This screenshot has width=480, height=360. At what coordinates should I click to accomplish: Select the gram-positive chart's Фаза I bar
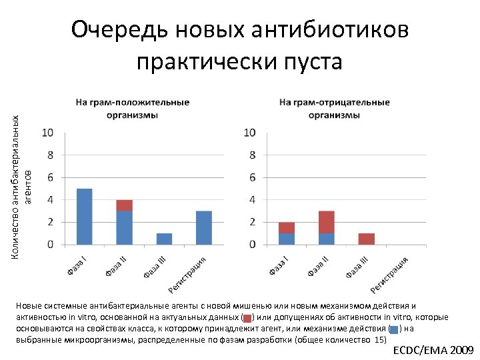tap(85, 216)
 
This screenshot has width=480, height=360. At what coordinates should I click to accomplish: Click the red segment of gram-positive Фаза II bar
tap(124, 205)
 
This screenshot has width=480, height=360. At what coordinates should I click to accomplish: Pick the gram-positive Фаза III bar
tap(164, 239)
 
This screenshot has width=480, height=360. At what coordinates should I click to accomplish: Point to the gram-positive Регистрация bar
tap(204, 227)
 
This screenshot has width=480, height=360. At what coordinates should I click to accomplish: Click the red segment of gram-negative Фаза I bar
tap(287, 227)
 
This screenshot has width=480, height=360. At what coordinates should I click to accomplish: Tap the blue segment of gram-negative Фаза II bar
tap(326, 239)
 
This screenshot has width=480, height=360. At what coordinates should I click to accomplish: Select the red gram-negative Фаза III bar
tap(365, 239)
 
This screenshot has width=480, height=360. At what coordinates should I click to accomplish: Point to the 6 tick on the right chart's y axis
tap(250, 177)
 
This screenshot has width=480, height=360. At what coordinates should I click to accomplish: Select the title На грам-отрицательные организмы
tap(334, 109)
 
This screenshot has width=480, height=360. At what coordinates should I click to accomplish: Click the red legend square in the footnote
tap(247, 317)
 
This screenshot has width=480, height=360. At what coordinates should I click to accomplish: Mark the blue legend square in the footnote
tap(393, 329)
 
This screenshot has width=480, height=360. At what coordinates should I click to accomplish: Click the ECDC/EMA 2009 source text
tap(433, 350)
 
